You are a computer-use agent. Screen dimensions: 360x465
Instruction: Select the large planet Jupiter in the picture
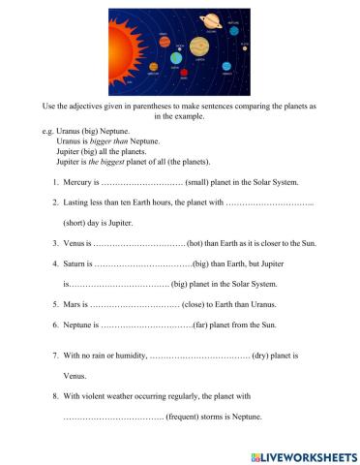point(199,46)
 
